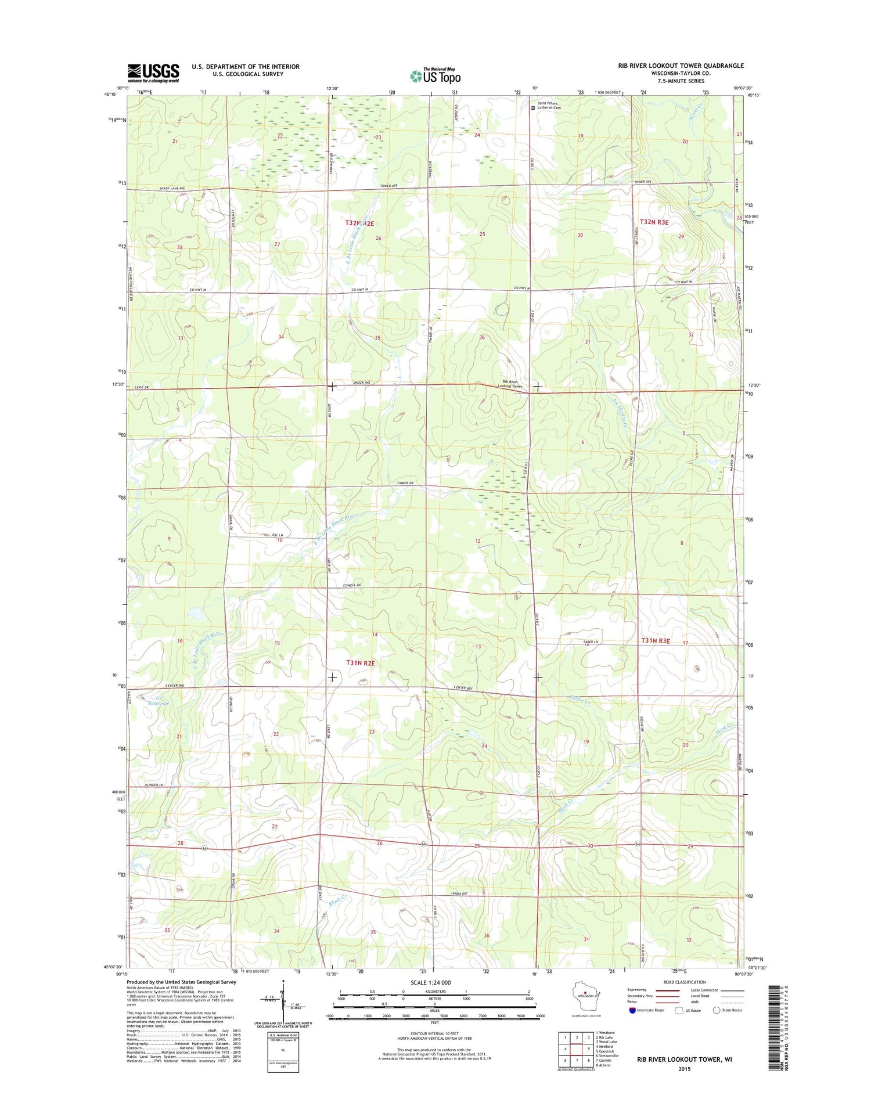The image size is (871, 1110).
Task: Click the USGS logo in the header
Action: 153,73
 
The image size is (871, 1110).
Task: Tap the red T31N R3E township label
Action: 655,641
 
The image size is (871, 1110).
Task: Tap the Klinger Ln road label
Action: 154,785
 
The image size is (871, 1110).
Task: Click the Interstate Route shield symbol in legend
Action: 632,1010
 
